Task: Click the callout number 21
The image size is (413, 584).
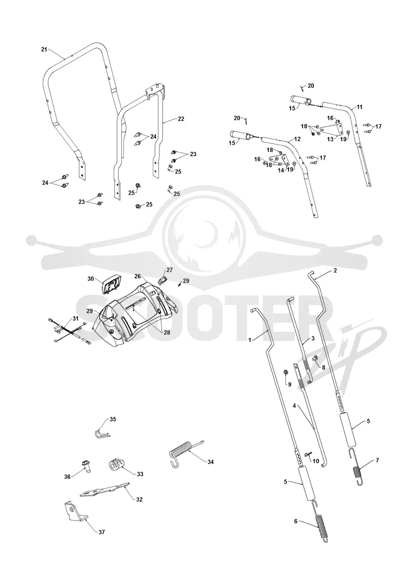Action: [x=44, y=50]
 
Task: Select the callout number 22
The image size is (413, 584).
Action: [x=181, y=119]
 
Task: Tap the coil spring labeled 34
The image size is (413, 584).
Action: [x=185, y=452]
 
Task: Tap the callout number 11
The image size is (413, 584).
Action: [x=359, y=107]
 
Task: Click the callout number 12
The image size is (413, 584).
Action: [x=297, y=139]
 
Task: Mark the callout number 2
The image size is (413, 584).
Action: [x=335, y=271]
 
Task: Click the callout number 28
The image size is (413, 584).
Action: [x=167, y=333]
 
